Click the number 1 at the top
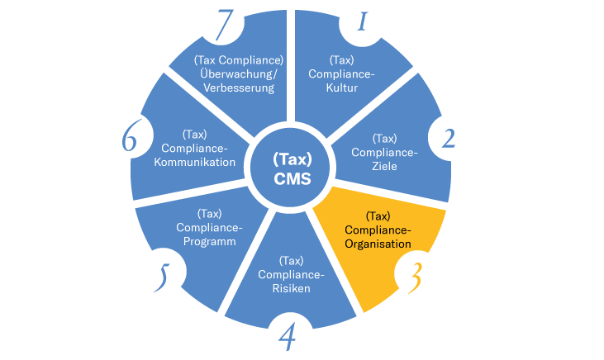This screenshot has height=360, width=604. pyautogui.click(x=360, y=21)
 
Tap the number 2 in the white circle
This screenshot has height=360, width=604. pyautogui.click(x=448, y=137)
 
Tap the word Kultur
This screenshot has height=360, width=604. pyautogui.click(x=342, y=88)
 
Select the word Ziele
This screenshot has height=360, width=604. pyautogui.click(x=385, y=166)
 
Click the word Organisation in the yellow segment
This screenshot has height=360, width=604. pyautogui.click(x=377, y=244)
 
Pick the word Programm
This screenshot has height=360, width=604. pyautogui.click(x=209, y=242)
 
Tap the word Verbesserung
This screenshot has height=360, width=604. pyautogui.click(x=239, y=88)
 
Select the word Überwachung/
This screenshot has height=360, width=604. pyautogui.click(x=239, y=73)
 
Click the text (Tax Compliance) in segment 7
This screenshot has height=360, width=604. pyautogui.click(x=239, y=60)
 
